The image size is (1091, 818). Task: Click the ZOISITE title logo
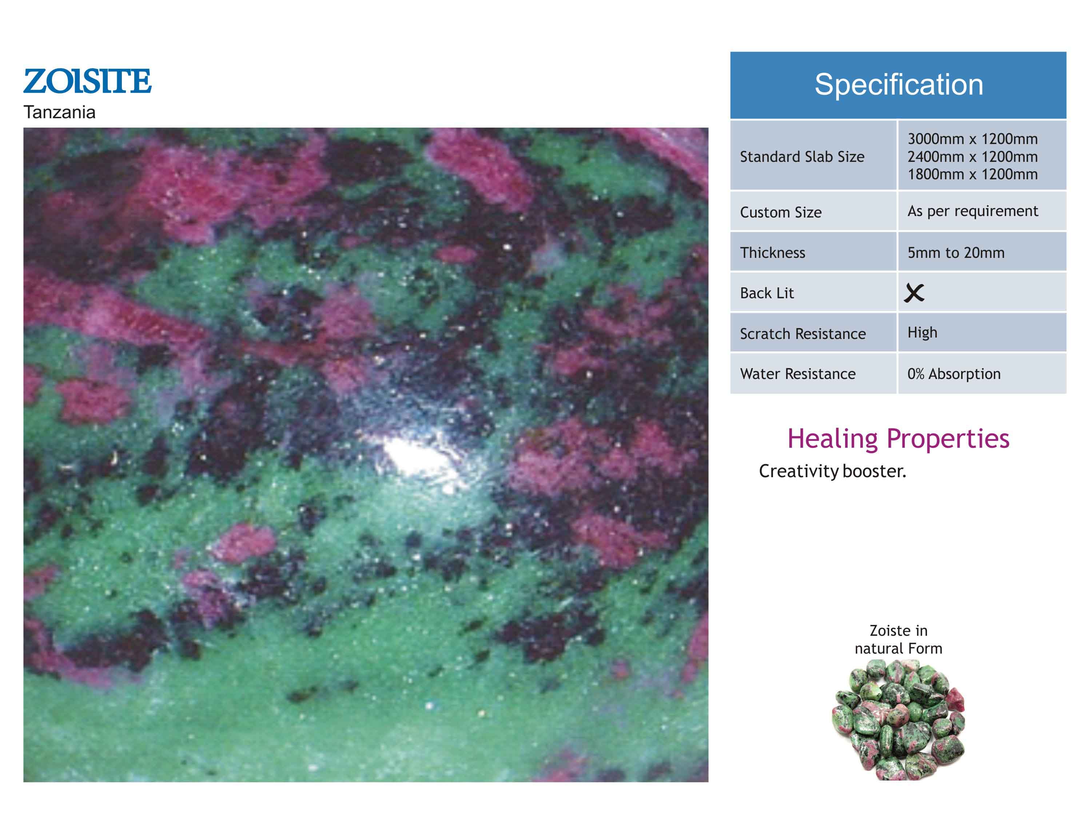coord(87,81)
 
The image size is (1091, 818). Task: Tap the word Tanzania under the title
coord(59,112)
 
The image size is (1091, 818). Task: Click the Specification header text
coord(899,84)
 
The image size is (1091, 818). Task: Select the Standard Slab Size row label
coord(802,157)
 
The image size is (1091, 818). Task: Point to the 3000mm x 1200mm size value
coord(973,139)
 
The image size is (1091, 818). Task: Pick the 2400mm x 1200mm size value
coord(973,157)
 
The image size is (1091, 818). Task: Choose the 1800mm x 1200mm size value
coord(973,175)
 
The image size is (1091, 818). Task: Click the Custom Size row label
coord(781,212)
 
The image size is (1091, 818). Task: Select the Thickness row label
coord(772,253)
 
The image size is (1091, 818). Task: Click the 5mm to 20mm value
coord(956,253)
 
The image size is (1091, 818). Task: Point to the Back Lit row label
coord(767,294)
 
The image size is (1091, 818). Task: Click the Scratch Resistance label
coord(803,334)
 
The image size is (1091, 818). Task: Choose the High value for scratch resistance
coord(922,333)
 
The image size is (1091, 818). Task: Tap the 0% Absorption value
coord(954,374)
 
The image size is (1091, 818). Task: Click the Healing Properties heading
coord(898,439)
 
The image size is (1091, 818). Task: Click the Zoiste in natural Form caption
coord(899,639)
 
